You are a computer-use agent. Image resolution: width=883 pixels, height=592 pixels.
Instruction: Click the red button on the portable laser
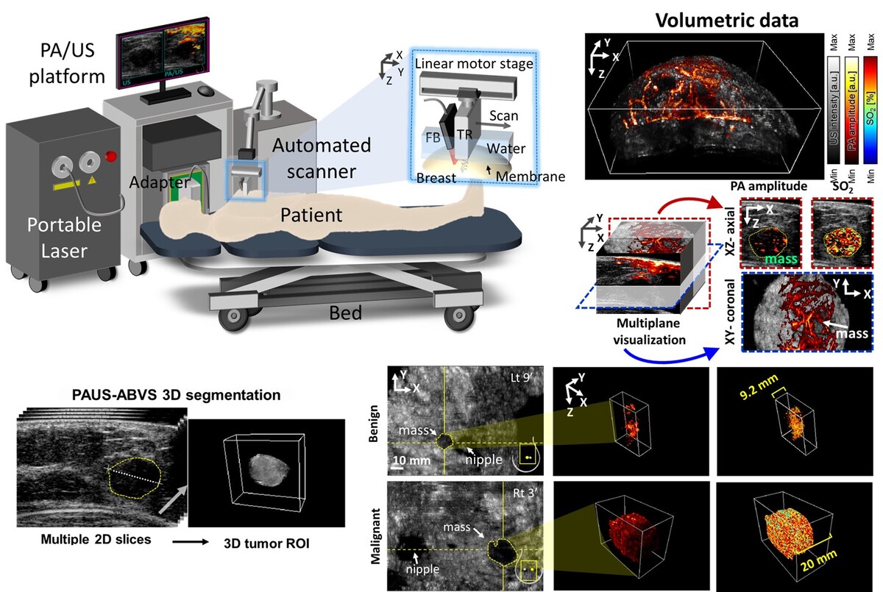pos(112,155)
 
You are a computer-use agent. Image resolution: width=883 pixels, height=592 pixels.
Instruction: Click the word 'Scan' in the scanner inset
pos(503,115)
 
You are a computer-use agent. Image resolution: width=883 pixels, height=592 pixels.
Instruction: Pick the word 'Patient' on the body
pos(312,215)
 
